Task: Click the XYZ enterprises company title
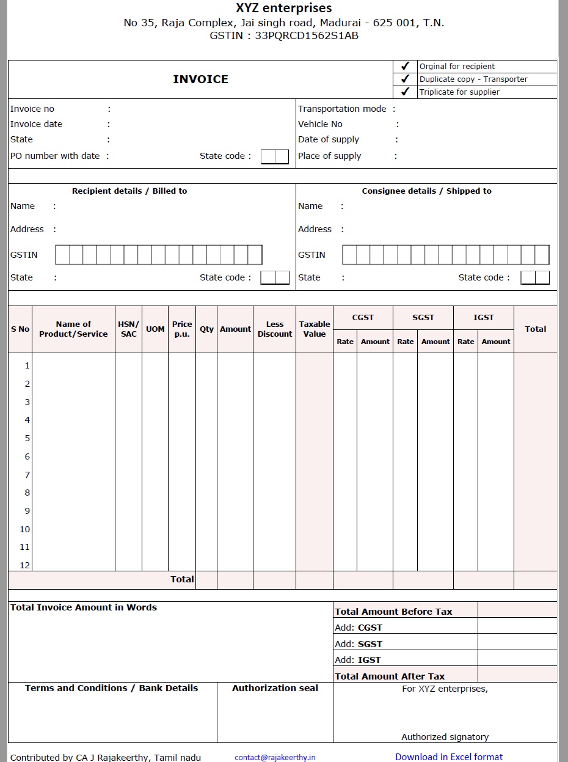click(x=283, y=9)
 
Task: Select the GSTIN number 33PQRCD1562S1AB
click(x=307, y=35)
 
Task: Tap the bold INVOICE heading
click(x=200, y=79)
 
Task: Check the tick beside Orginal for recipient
click(x=405, y=66)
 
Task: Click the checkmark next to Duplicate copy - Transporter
click(x=405, y=79)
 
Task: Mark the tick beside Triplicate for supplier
click(x=405, y=92)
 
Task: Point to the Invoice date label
click(x=36, y=124)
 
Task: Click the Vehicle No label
click(x=320, y=124)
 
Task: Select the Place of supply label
click(x=329, y=156)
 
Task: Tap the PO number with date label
click(x=55, y=156)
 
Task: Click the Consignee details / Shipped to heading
click(x=426, y=191)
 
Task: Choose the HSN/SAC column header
click(x=128, y=329)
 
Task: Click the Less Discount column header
click(x=275, y=329)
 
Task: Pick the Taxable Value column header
click(x=315, y=329)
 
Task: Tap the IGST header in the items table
click(x=483, y=318)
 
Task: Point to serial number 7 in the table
click(x=27, y=475)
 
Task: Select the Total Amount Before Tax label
click(x=393, y=612)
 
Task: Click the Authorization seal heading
click(x=275, y=688)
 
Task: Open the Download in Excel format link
click(x=449, y=757)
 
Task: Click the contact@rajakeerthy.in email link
click(x=275, y=757)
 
